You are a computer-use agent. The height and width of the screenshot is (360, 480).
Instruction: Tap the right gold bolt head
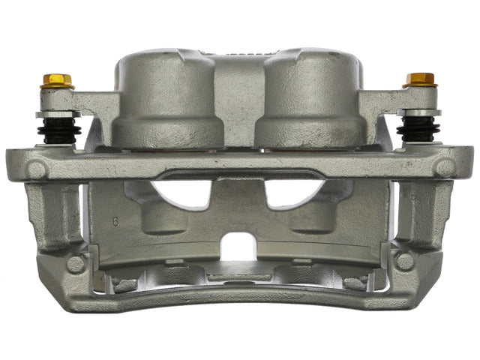(x=421, y=79)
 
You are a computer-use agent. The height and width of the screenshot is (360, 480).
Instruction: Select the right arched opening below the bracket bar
(x=292, y=194)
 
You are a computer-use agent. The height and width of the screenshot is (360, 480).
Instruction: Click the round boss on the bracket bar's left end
(x=35, y=169)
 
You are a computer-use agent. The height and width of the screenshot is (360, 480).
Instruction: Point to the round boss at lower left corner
(x=75, y=264)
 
